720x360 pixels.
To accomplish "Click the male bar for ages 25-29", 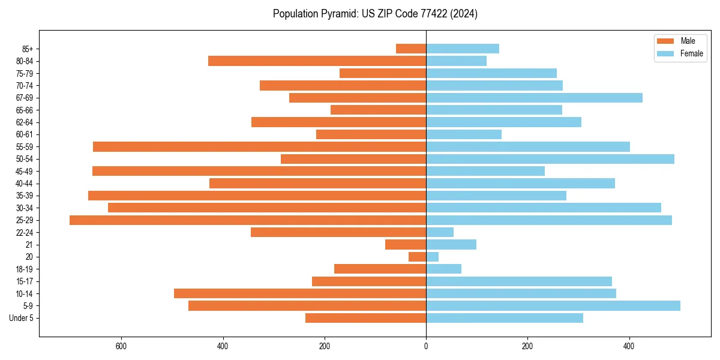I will tap(248, 220).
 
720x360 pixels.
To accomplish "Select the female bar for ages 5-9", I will tap(553, 306).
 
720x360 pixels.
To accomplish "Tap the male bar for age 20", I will tap(417, 257).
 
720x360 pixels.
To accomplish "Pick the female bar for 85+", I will tap(462, 49).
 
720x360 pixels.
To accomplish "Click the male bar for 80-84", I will tap(317, 61).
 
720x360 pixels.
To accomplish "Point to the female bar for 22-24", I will tap(439, 232).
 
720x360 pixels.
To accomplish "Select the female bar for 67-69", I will tap(534, 98).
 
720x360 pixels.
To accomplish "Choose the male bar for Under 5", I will tap(365, 318).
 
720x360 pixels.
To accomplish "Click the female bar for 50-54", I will tap(550, 159).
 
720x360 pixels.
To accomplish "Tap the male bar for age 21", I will tap(406, 245).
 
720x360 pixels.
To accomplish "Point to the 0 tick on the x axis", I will tap(426, 346).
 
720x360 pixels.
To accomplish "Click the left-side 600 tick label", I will tap(121, 346).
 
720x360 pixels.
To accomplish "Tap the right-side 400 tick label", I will tap(629, 346).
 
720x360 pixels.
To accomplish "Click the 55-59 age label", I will tap(25, 147).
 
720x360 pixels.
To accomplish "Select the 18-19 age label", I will tap(25, 269).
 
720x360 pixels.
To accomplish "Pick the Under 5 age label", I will tap(22, 318).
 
